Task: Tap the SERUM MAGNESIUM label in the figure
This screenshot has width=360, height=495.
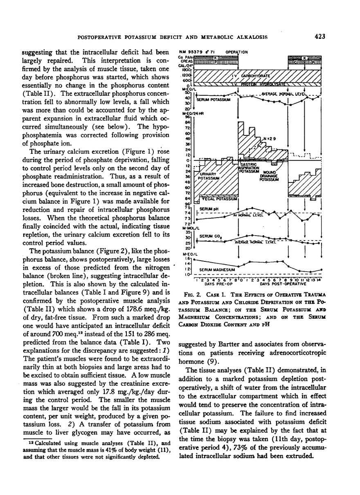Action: tap(216, 270)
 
